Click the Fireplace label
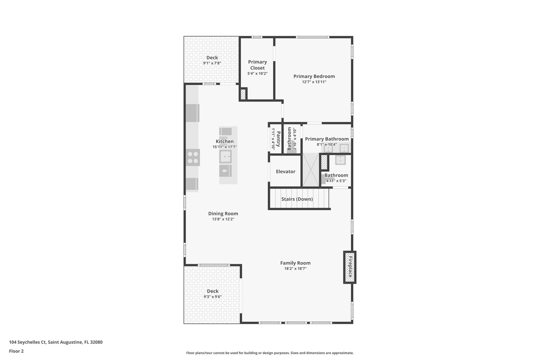click(x=350, y=267)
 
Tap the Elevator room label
click(x=286, y=172)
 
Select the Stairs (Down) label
click(x=297, y=199)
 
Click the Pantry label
click(x=278, y=139)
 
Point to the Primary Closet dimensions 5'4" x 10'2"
click(x=257, y=74)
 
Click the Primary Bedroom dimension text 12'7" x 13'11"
click(x=314, y=82)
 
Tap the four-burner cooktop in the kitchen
click(x=193, y=157)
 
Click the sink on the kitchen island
click(x=226, y=157)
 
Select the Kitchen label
click(x=224, y=141)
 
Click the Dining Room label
click(x=223, y=214)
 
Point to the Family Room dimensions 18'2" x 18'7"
click(x=295, y=269)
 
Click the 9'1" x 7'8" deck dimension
click(x=212, y=63)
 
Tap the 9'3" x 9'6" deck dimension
click(x=212, y=297)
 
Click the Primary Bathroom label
click(x=327, y=139)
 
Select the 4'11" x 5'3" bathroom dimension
click(x=336, y=181)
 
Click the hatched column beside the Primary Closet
click(x=243, y=94)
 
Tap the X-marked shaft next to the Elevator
click(x=311, y=170)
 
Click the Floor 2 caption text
click(x=17, y=351)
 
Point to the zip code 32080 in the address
click(x=96, y=342)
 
